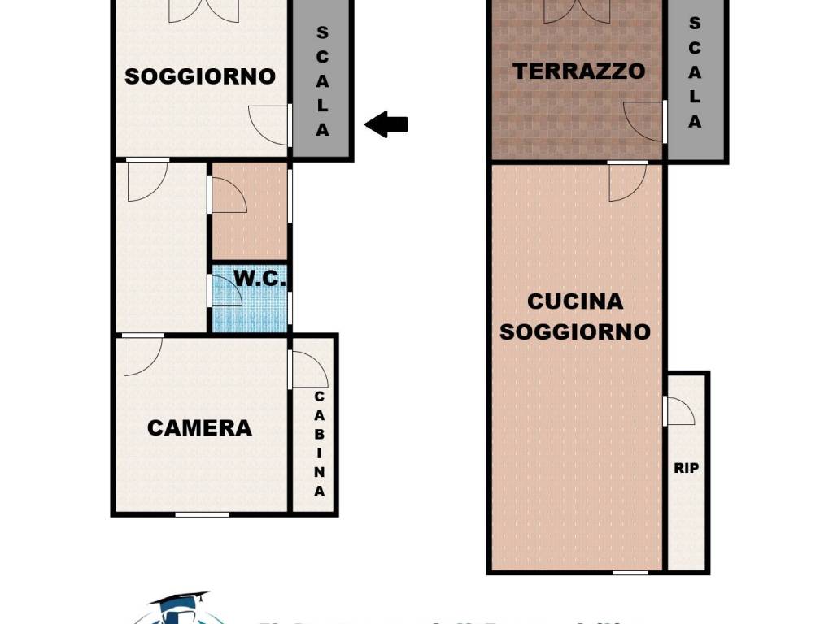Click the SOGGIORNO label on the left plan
tap(200, 76)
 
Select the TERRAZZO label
tap(578, 71)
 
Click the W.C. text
tap(260, 279)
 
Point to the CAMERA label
tap(199, 428)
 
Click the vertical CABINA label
tap(320, 444)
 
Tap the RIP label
tap(686, 468)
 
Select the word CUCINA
tap(575, 301)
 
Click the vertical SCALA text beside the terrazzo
tap(694, 72)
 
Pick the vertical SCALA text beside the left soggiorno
tap(322, 81)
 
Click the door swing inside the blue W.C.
tap(227, 291)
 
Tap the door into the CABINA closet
tap(308, 370)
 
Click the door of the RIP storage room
tap(679, 411)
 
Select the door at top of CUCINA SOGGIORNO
tap(626, 181)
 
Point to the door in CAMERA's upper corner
tap(142, 356)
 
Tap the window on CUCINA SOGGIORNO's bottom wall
tap(630, 573)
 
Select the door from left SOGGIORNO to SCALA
tap(270, 126)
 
